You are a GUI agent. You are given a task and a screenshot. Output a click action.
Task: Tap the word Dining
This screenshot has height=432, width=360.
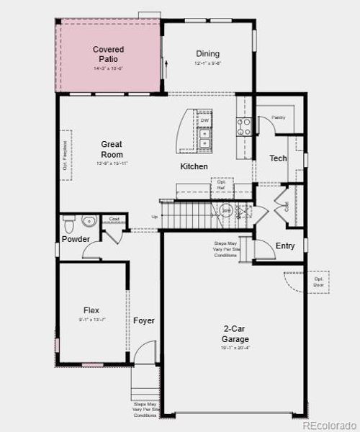click(207, 54)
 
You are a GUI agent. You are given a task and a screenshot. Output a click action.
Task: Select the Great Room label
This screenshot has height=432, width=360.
click(112, 150)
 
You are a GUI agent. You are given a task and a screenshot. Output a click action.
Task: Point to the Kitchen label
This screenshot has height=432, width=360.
click(194, 167)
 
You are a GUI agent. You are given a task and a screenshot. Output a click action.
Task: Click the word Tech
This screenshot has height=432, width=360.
click(278, 158)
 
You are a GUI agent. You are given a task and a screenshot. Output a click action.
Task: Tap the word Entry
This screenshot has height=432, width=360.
click(285, 246)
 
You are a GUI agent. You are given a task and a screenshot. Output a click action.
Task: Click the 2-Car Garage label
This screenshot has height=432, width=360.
click(235, 333)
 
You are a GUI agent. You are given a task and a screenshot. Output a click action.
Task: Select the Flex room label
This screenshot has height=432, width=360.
click(91, 310)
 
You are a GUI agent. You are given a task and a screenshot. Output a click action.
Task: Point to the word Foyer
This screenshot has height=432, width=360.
click(144, 320)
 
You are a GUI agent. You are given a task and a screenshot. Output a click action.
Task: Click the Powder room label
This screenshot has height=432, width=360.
click(76, 239)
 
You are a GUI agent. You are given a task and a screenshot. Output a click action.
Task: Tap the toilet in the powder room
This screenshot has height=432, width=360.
click(69, 220)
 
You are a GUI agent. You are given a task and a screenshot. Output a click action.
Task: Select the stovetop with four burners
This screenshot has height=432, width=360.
click(244, 127)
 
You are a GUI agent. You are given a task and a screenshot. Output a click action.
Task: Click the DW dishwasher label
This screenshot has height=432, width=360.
click(204, 120)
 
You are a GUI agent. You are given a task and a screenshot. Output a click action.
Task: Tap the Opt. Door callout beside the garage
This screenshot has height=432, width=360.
click(318, 282)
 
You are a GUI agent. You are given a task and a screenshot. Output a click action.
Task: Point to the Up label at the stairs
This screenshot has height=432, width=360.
click(154, 217)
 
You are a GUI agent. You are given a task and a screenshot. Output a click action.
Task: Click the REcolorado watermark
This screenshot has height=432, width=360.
click(328, 425)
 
